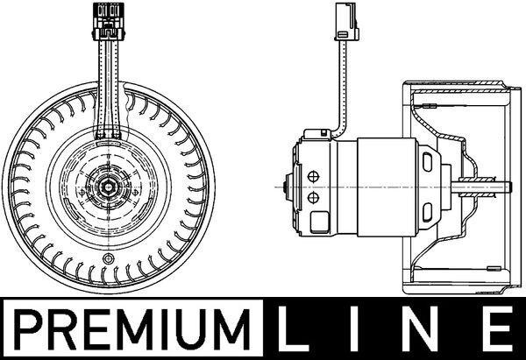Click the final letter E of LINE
tap(496, 326)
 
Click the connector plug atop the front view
tap(110, 21)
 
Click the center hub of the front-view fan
tap(110, 185)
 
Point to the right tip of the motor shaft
tap(508, 186)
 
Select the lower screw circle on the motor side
tap(313, 199)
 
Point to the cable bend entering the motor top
tap(335, 128)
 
